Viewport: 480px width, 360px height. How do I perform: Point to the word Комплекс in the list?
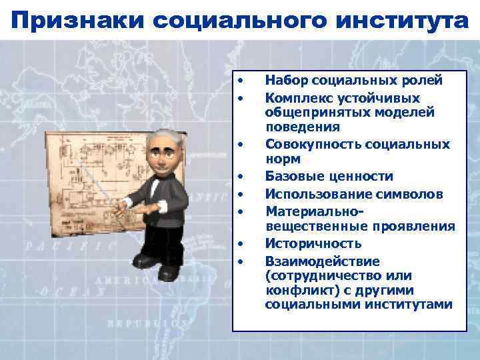tap(295, 97)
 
